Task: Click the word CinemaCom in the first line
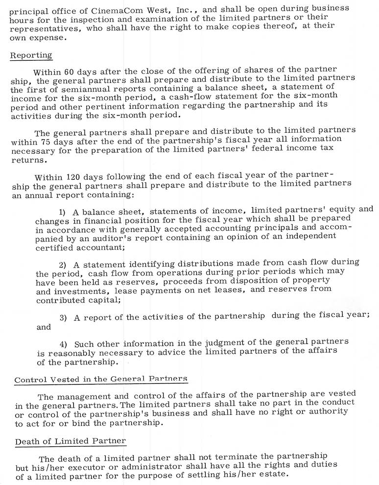coord(104,8)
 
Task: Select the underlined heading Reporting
coord(31,55)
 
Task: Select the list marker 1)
coord(63,212)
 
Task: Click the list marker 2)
coord(63,265)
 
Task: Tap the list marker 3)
coord(64,318)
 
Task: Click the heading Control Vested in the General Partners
coord(100,379)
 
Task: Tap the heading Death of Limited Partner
coord(70,441)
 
